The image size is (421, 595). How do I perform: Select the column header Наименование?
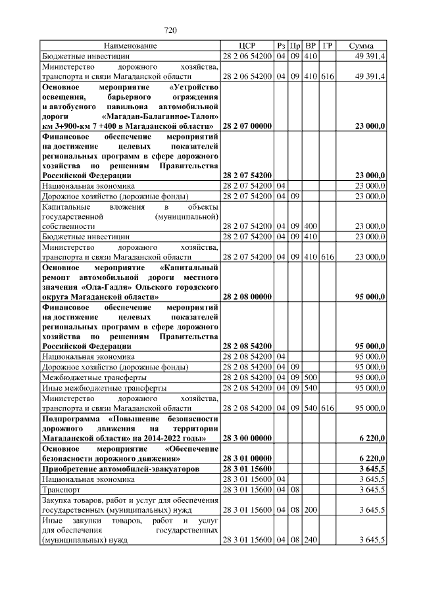pyautogui.click(x=130, y=46)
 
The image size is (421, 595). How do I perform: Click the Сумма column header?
pyautogui.click(x=361, y=46)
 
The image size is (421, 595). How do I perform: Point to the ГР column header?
pyautogui.click(x=328, y=46)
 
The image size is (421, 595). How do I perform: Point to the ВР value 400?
pyautogui.click(x=311, y=225)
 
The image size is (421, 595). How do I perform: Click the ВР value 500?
pyautogui.click(x=311, y=377)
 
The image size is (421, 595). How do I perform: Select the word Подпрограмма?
pyautogui.click(x=72, y=418)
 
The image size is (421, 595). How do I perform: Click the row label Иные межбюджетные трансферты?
pyautogui.click(x=95, y=388)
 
